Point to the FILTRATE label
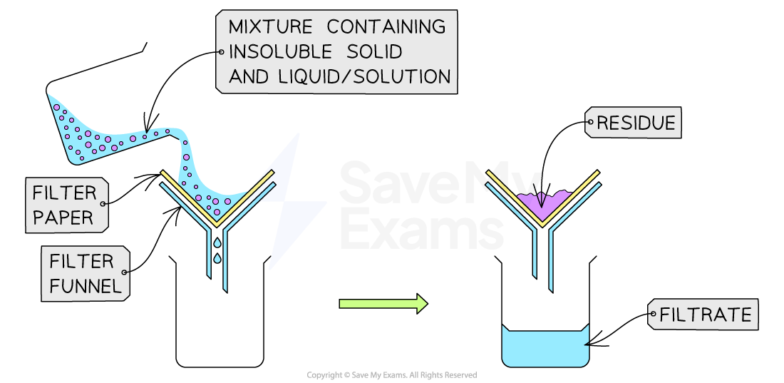point(706,314)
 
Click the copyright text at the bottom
point(391,375)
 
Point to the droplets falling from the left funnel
point(217,250)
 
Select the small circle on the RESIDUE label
point(591,123)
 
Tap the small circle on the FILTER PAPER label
point(103,204)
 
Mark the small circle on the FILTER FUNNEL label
point(125,272)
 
